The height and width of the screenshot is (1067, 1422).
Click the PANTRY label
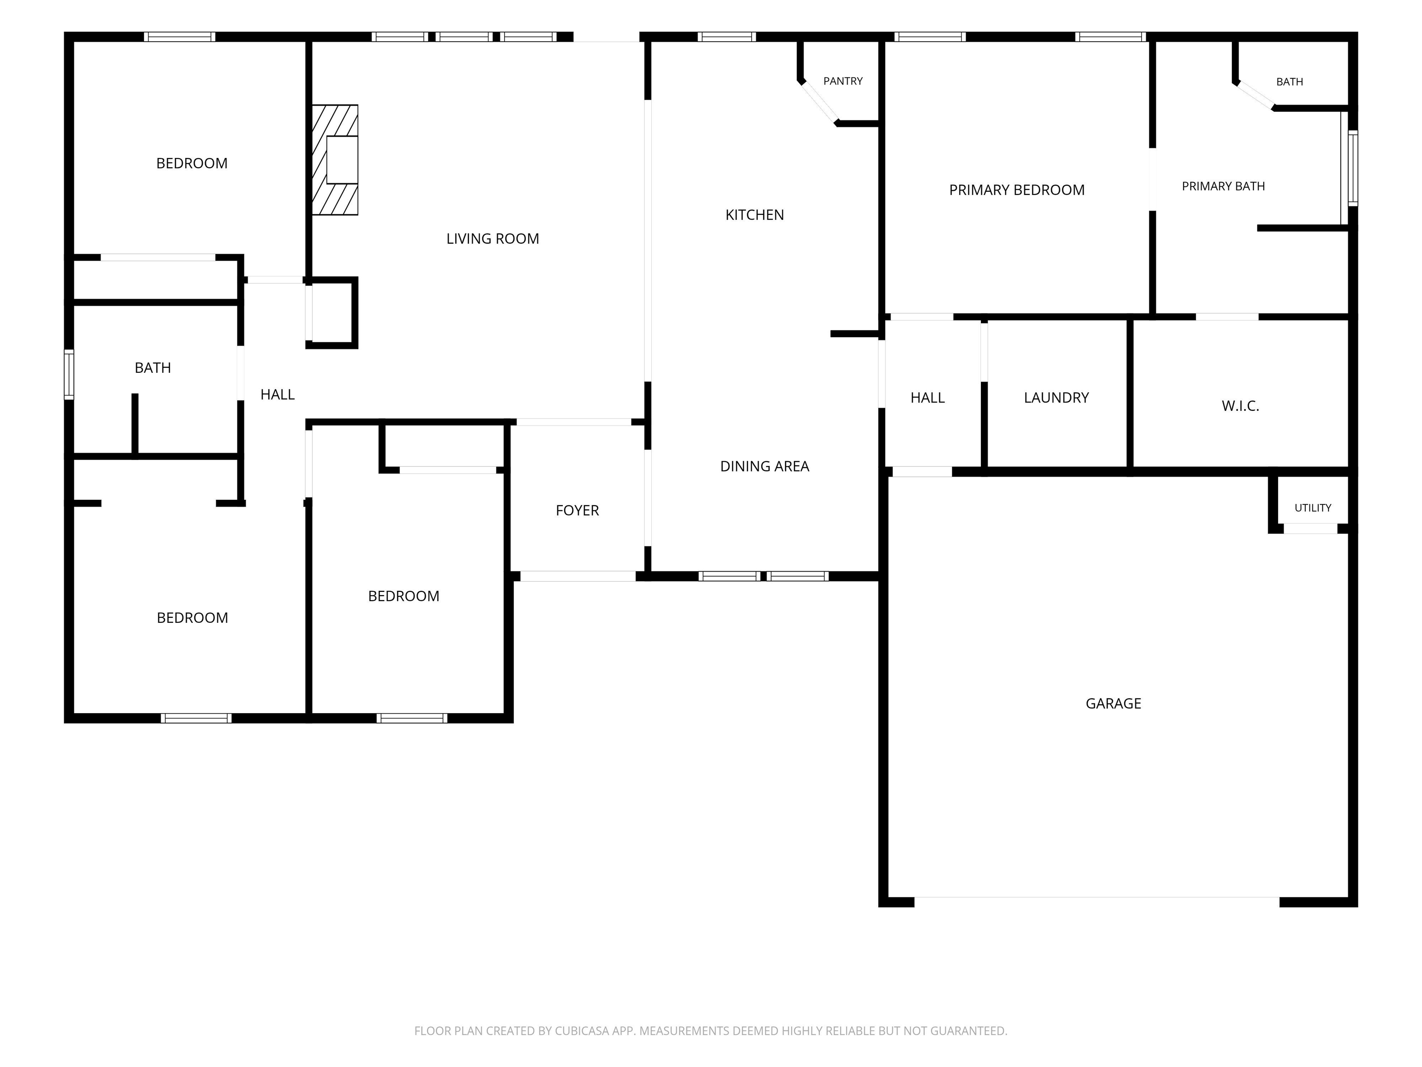point(843,81)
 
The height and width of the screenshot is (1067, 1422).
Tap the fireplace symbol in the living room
point(335,159)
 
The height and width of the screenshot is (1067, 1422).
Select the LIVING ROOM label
point(493,239)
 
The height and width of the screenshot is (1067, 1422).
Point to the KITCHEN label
point(755,215)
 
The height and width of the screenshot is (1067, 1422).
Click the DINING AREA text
point(764,466)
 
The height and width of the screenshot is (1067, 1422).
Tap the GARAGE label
point(1113,703)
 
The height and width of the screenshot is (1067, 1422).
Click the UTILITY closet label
point(1313,508)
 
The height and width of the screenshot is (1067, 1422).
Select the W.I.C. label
point(1240,406)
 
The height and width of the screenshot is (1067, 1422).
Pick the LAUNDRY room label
point(1056,397)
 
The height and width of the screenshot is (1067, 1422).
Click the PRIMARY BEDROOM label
point(1017,190)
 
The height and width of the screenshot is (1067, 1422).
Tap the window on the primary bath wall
point(1353,168)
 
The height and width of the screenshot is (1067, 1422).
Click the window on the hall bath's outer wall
point(69,374)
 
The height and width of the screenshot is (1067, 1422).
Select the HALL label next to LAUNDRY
point(928,397)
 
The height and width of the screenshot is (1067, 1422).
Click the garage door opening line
point(1097,897)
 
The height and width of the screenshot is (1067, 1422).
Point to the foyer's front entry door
point(578,576)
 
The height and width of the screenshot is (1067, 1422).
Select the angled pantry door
point(818,101)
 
